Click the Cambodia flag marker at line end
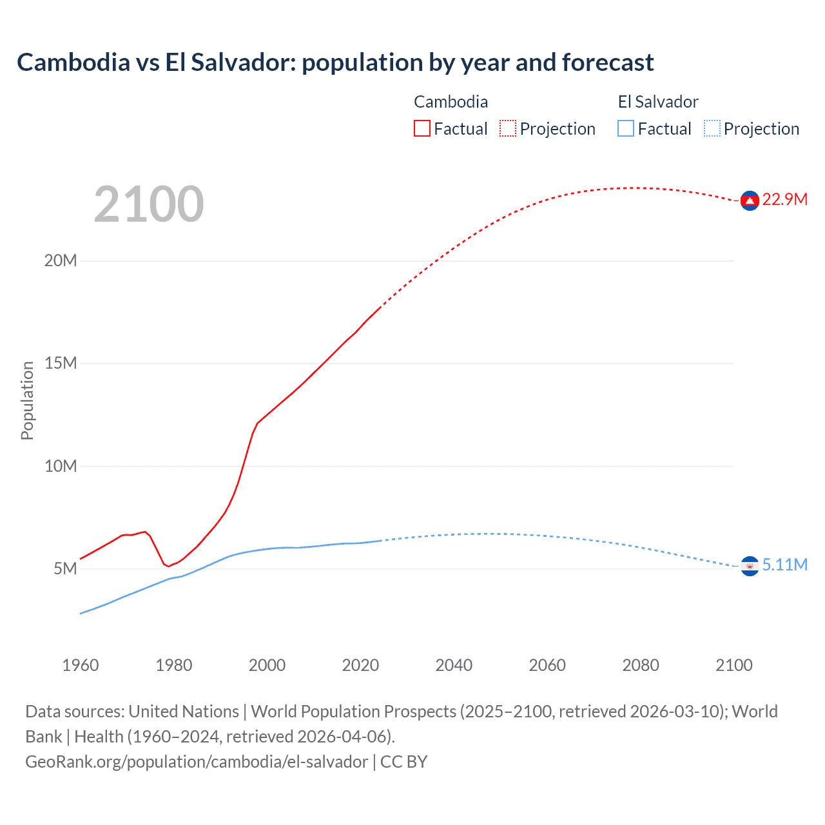[x=749, y=201]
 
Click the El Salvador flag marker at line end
[x=749, y=566]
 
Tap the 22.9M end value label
[x=784, y=199]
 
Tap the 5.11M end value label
[x=784, y=565]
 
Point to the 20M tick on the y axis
[x=61, y=260]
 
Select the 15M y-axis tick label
[x=61, y=363]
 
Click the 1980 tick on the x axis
[x=173, y=665]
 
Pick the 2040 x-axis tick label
[x=454, y=665]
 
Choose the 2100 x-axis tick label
[x=733, y=665]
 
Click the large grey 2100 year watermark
[x=149, y=204]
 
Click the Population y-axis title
[x=27, y=400]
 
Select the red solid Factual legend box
[x=422, y=129]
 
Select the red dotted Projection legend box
[x=508, y=129]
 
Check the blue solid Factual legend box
[x=626, y=129]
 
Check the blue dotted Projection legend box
[x=712, y=129]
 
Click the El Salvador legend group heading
[x=657, y=102]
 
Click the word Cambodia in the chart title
[x=73, y=63]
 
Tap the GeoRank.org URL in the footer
[x=197, y=761]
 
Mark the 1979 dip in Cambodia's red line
[x=168, y=566]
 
